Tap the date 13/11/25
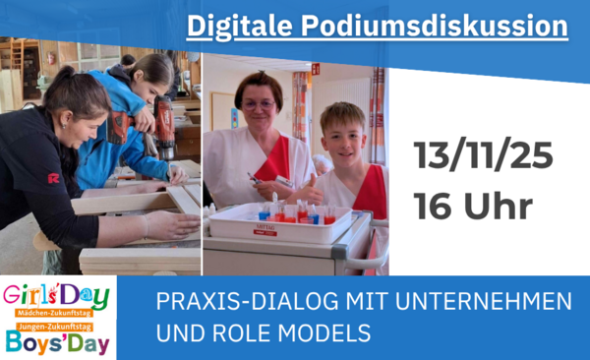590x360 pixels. click(483, 155)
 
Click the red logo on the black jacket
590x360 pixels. click(53, 178)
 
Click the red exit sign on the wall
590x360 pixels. click(315, 68)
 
